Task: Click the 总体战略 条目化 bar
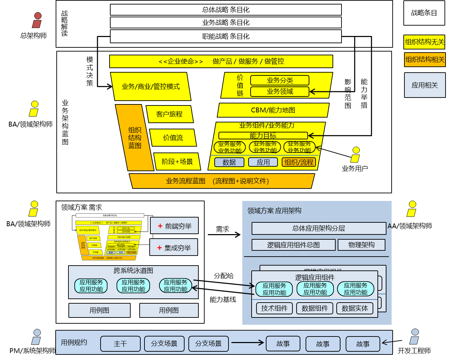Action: (226, 10)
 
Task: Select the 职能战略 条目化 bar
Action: (226, 36)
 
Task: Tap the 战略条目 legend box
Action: (424, 13)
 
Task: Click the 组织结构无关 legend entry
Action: (424, 42)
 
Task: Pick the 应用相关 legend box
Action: (424, 85)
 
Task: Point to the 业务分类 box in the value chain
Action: (280, 80)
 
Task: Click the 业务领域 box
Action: (280, 92)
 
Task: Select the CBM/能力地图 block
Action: (273, 110)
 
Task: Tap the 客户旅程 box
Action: (169, 114)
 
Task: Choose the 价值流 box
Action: (173, 138)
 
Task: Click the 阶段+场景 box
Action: (177, 161)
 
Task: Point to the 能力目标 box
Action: (263, 136)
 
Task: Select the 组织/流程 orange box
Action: (299, 162)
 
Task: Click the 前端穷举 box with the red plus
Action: (174, 226)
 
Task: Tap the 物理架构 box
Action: (361, 245)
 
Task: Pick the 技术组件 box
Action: (274, 308)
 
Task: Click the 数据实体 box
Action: (355, 308)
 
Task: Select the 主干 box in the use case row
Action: (120, 344)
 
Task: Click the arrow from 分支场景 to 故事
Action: (247, 343)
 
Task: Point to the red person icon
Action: (37, 20)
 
